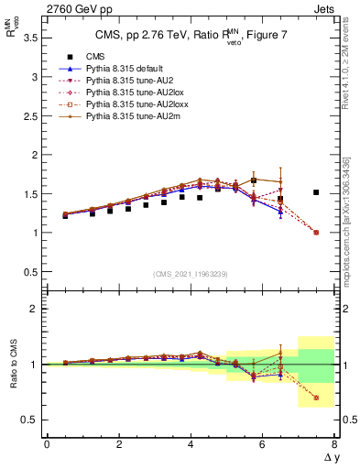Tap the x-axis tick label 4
pyautogui.click(x=191, y=444)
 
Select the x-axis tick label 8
pyautogui.click(x=334, y=444)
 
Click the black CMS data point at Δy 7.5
pyautogui.click(x=316, y=192)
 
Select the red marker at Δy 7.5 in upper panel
pyautogui.click(x=316, y=233)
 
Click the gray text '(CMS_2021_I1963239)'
pyautogui.click(x=190, y=274)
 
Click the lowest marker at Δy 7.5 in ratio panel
pyautogui.click(x=316, y=398)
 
